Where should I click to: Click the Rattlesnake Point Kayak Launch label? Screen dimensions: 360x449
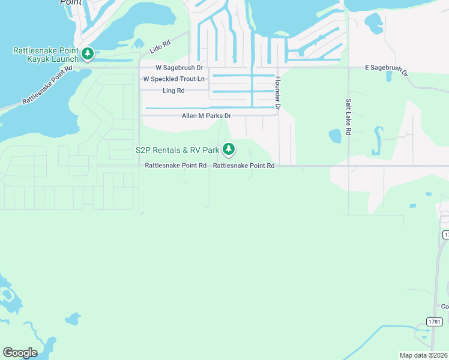46,55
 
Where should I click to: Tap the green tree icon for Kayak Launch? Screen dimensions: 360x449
88,55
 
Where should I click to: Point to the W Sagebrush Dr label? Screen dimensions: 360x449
179,68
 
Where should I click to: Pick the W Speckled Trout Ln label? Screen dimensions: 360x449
173,79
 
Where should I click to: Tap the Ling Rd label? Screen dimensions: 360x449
173,91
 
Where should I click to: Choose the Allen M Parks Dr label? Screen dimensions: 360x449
206,116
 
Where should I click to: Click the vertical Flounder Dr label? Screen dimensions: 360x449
278,93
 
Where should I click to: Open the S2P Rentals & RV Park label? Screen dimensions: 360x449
177,149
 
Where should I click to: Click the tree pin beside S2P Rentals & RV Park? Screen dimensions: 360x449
228,149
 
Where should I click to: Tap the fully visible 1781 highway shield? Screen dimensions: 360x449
435,322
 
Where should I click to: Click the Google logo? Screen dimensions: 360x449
20,353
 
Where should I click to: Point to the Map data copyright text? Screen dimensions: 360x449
424,355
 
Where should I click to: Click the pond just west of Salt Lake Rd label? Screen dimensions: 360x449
334,136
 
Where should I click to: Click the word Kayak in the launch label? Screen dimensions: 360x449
38,59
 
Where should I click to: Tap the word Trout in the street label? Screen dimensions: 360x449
186,79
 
